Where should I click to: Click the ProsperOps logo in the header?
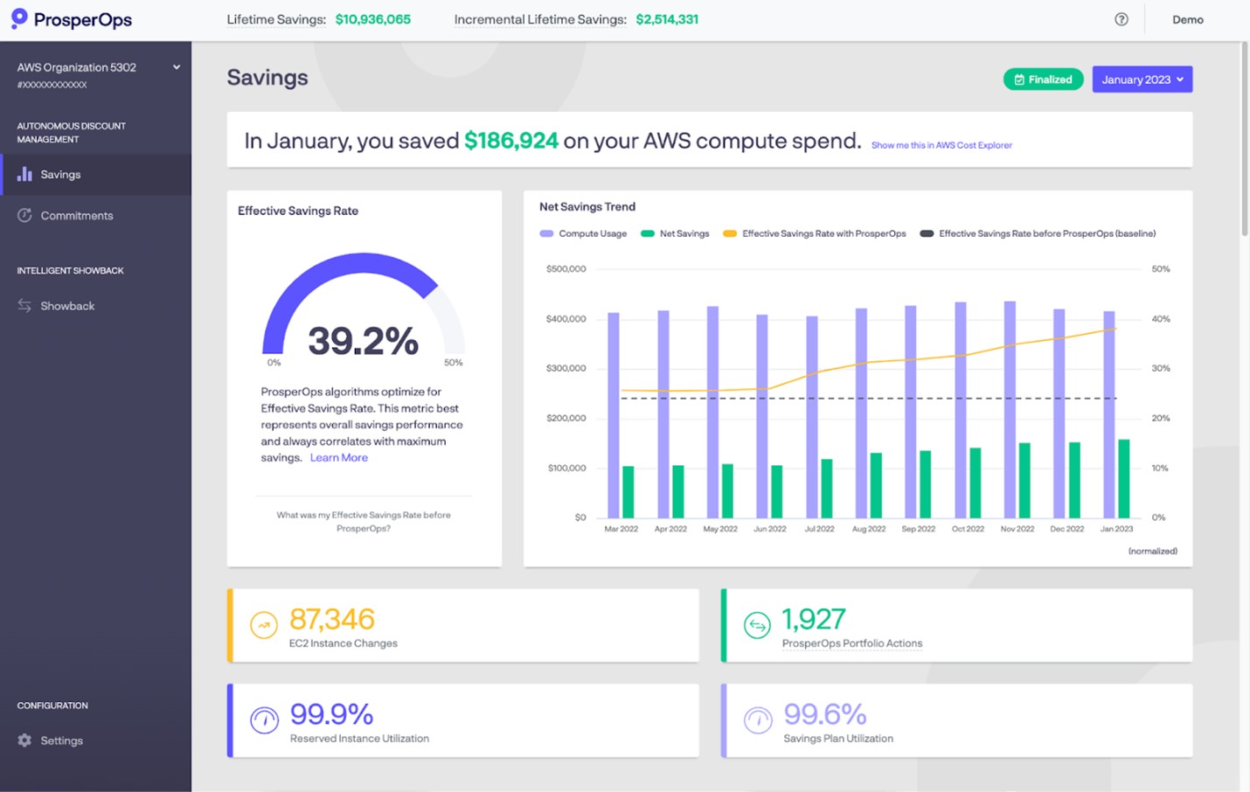pyautogui.click(x=72, y=19)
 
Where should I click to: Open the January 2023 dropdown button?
pyautogui.click(x=1142, y=80)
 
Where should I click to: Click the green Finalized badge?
pyautogui.click(x=1043, y=80)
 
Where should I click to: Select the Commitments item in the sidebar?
pyautogui.click(x=77, y=216)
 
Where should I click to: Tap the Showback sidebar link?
pyautogui.click(x=67, y=306)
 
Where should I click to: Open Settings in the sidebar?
pyautogui.click(x=61, y=740)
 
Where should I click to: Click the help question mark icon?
pyautogui.click(x=1122, y=19)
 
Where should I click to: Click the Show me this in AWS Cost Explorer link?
pyautogui.click(x=941, y=145)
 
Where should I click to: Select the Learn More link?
pyautogui.click(x=338, y=458)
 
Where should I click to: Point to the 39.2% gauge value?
pyautogui.click(x=363, y=341)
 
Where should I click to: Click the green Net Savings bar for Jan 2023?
pyautogui.click(x=1124, y=479)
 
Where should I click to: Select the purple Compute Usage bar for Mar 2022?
pyautogui.click(x=614, y=415)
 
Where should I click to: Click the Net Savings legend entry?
pyautogui.click(x=684, y=233)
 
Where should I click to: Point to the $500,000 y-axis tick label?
pyautogui.click(x=566, y=269)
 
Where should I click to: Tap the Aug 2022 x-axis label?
pyautogui.click(x=869, y=529)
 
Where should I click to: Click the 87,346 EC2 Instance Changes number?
pyautogui.click(x=332, y=619)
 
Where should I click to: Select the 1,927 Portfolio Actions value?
pyautogui.click(x=813, y=619)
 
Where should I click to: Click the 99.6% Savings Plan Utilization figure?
pyautogui.click(x=824, y=714)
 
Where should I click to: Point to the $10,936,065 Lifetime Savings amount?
pyautogui.click(x=373, y=19)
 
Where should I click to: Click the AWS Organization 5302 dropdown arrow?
pyautogui.click(x=177, y=67)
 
